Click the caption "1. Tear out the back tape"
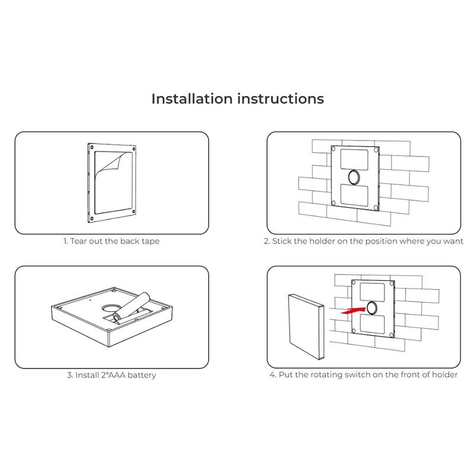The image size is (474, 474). tap(111, 242)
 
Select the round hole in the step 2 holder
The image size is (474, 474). tap(356, 176)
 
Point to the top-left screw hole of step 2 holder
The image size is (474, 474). tap(335, 150)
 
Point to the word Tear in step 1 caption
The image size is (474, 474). tap(79, 242)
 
